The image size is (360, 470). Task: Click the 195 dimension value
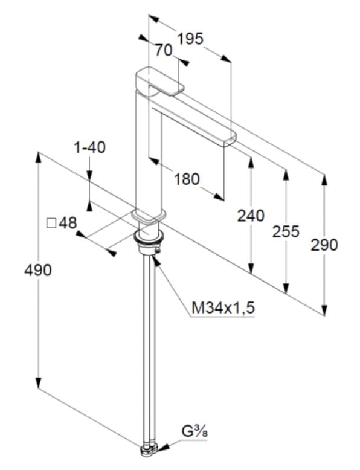tap(190, 39)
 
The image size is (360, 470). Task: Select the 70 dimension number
tap(164, 50)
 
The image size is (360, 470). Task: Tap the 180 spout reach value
tap(187, 179)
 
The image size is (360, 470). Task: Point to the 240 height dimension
tap(251, 216)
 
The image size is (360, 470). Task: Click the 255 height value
tap(286, 231)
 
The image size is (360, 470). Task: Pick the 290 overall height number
tap(324, 245)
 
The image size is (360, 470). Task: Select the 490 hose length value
tap(38, 271)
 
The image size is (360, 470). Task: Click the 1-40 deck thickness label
tap(89, 147)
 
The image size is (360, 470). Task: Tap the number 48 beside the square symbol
tap(68, 223)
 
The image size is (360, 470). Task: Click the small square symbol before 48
tap(51, 224)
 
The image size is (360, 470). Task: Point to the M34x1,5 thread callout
tap(223, 307)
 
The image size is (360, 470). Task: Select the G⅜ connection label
tap(194, 431)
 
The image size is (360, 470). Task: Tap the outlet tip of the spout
tap(230, 140)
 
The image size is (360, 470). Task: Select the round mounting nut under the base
tap(149, 236)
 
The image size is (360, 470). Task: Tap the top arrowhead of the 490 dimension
tap(38, 157)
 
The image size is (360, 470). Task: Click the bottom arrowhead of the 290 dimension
tap(324, 311)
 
